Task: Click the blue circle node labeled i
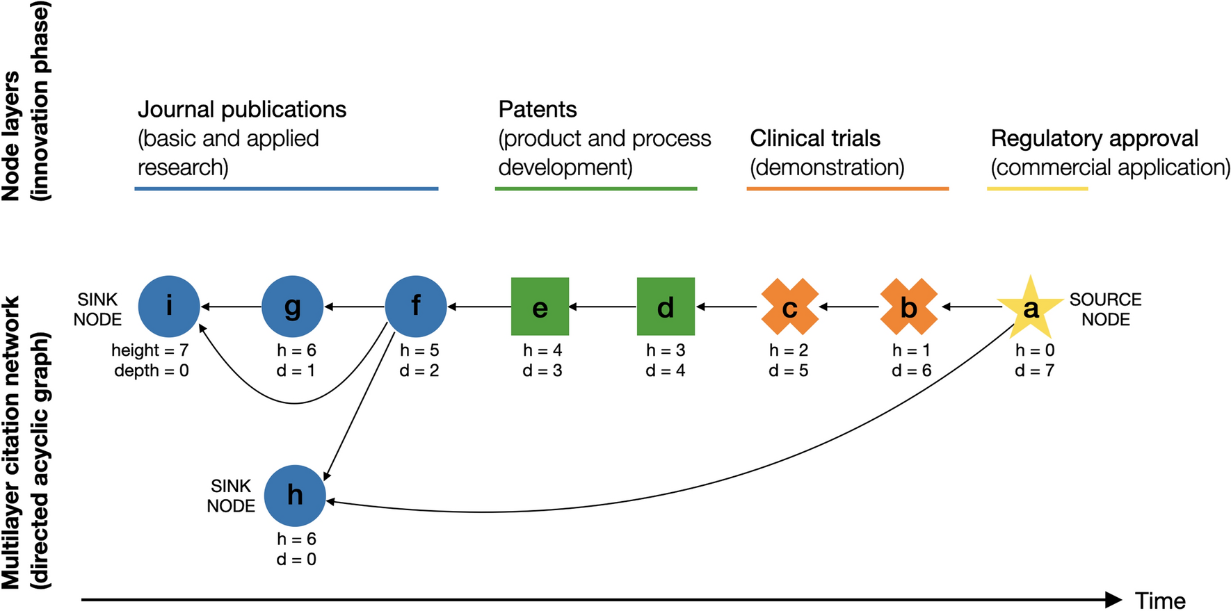click(x=169, y=307)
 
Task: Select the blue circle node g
click(x=292, y=307)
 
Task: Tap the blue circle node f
click(x=416, y=307)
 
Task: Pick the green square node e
click(x=540, y=307)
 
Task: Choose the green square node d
click(x=666, y=307)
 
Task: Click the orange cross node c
click(x=789, y=307)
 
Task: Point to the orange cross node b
click(x=908, y=307)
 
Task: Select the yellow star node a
click(x=1031, y=307)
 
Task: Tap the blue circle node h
click(x=295, y=496)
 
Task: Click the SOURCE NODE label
click(x=1105, y=309)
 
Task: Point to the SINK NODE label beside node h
click(x=231, y=496)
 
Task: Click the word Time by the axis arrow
click(x=1160, y=600)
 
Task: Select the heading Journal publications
click(x=242, y=109)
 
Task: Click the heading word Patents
click(x=538, y=109)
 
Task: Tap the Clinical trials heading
click(x=815, y=138)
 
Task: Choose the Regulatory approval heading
click(x=1095, y=138)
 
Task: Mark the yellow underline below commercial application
click(x=1038, y=188)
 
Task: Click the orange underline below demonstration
click(x=848, y=188)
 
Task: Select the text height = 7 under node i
click(x=150, y=350)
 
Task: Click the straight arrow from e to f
click(x=479, y=307)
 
